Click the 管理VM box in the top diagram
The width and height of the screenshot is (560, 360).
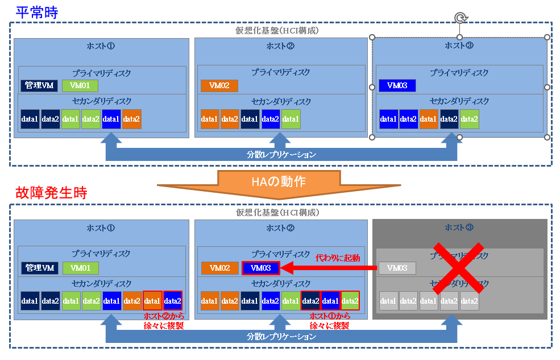point(39,86)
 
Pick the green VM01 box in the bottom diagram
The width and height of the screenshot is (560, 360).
point(80,268)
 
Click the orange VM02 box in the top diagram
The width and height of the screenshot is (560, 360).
point(219,86)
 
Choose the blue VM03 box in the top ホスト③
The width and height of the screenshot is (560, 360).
point(397,86)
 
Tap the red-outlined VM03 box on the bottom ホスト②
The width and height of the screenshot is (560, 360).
point(260,268)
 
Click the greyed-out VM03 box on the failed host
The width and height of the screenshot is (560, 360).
point(397,268)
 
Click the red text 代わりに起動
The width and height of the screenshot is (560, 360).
point(338,258)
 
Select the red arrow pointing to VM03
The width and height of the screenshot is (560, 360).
point(330,268)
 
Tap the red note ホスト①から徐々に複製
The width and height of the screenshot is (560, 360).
point(330,321)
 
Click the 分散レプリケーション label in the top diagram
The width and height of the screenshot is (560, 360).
point(281,154)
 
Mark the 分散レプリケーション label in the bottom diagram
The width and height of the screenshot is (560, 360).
point(281,336)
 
